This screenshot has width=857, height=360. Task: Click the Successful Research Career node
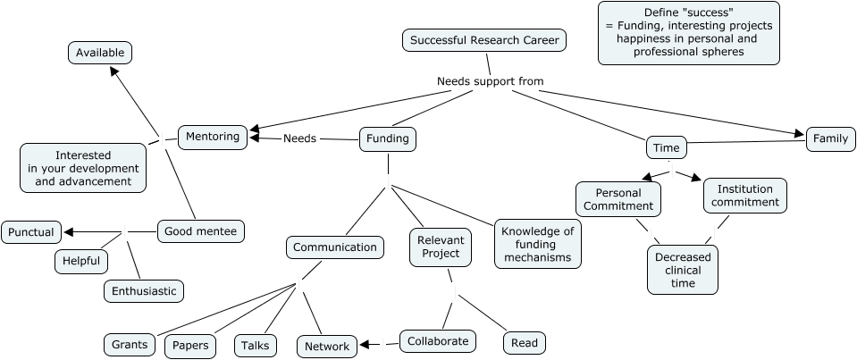[x=484, y=40]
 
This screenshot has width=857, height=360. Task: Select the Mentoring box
[x=213, y=137]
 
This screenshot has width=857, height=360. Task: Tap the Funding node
[x=389, y=138]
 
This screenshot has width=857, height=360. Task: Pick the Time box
[x=666, y=147]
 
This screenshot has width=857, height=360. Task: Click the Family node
[x=830, y=138]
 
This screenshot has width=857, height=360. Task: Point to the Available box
[x=100, y=53]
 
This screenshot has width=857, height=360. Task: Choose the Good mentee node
[x=201, y=231]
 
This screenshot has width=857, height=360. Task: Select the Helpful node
[x=81, y=261]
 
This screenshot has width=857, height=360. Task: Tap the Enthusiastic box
[x=144, y=290]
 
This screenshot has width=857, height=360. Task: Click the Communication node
[x=335, y=247]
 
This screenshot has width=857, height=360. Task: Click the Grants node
[x=130, y=344]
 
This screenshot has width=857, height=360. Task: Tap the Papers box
[x=190, y=346]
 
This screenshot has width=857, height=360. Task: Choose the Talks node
[x=256, y=346]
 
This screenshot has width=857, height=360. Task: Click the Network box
[x=326, y=347]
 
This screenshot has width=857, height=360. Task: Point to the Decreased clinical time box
[x=683, y=269]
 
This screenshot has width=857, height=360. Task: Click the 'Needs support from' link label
[x=490, y=81]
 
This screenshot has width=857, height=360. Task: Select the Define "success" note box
[x=688, y=33]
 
